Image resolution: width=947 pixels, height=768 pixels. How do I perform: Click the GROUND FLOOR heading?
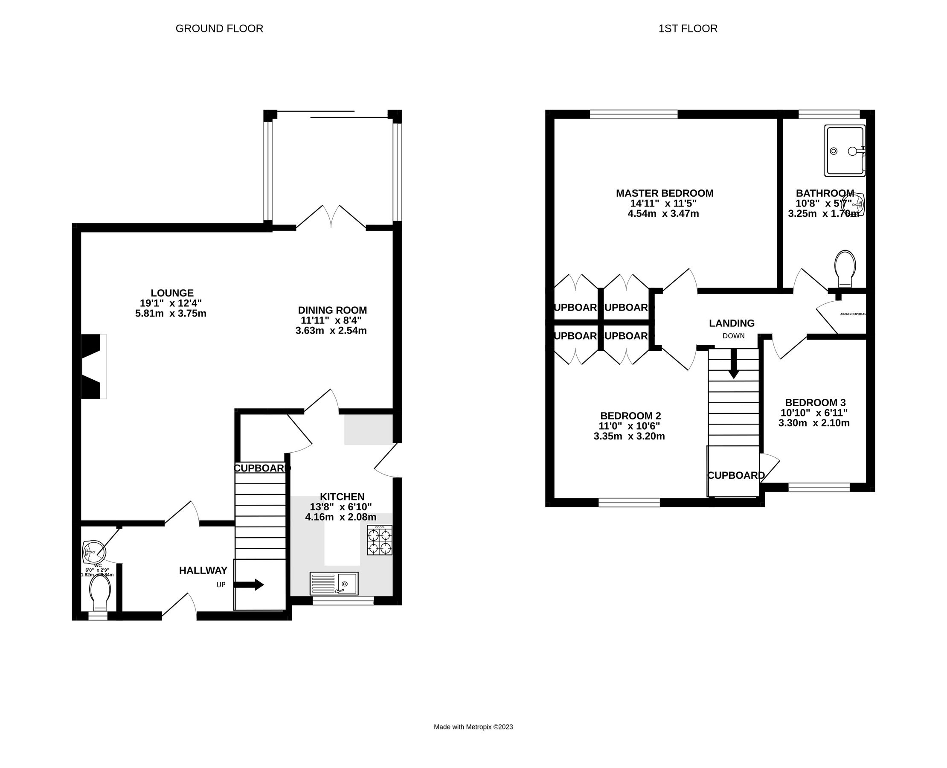219,29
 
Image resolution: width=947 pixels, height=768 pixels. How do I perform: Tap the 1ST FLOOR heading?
687,29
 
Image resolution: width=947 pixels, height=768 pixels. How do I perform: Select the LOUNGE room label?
171,293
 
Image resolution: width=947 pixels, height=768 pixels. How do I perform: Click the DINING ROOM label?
332,310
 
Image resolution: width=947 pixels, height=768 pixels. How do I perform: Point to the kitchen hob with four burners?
379,540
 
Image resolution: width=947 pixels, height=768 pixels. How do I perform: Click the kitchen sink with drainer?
334,584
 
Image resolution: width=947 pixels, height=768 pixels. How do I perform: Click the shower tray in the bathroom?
844,151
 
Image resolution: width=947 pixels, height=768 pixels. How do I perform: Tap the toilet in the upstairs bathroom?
844,268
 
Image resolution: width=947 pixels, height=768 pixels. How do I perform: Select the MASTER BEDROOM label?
664,193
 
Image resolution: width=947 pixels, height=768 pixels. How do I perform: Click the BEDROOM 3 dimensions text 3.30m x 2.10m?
813,423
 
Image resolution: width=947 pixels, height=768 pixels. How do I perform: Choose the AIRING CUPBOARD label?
853,314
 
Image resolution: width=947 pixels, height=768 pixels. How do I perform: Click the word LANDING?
732,323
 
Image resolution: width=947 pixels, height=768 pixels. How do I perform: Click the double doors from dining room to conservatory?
331,218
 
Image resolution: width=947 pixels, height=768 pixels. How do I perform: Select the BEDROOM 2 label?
630,416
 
